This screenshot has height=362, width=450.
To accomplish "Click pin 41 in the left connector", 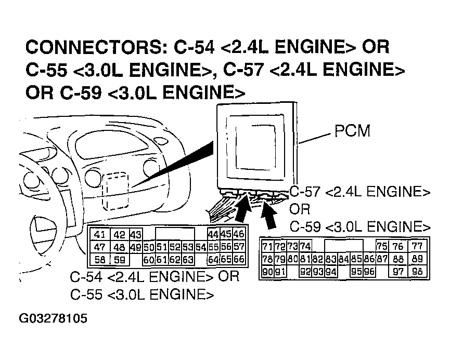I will (x=100, y=235).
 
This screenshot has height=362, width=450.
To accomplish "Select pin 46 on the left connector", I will (x=239, y=235).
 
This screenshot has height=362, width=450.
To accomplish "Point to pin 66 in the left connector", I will (x=239, y=259).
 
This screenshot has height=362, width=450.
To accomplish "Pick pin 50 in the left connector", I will (x=149, y=247).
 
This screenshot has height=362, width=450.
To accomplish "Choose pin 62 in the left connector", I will (x=175, y=259).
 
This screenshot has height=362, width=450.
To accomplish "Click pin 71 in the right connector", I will (x=268, y=246).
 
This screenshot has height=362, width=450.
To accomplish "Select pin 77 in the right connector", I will (x=417, y=246).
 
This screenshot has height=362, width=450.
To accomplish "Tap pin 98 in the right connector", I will (x=417, y=271).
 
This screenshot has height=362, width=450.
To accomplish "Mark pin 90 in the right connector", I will (x=268, y=271).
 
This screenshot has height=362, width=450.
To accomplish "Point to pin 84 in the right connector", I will (x=343, y=259).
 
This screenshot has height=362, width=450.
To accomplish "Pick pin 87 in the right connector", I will (x=382, y=259).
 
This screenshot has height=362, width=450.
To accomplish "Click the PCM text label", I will (x=352, y=131).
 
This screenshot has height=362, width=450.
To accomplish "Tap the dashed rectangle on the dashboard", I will (x=116, y=189).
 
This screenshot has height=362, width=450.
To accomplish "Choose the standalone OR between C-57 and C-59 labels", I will (x=300, y=209).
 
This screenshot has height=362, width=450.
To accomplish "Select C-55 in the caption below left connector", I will (x=87, y=295).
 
